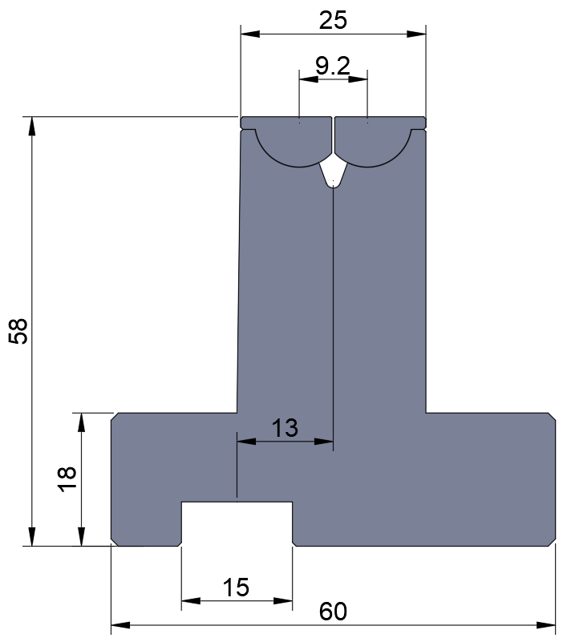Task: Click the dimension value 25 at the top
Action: click(x=333, y=20)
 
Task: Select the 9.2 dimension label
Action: click(x=333, y=67)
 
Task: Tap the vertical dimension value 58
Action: click(x=18, y=331)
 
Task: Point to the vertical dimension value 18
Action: click(x=67, y=478)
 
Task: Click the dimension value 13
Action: click(x=285, y=428)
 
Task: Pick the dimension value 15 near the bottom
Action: click(x=236, y=587)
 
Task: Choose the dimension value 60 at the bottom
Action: click(x=333, y=612)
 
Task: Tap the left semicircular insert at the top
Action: click(x=294, y=145)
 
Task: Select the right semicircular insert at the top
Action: click(x=373, y=145)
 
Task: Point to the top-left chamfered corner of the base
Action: click(x=115, y=417)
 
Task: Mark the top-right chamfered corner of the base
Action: click(x=552, y=417)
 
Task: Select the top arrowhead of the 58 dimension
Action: click(x=32, y=125)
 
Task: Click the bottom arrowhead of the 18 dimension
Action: click(x=80, y=539)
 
